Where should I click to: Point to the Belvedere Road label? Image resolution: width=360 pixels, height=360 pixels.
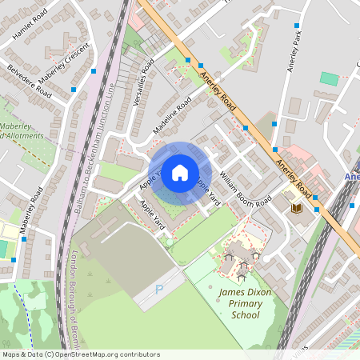tap(29, 82)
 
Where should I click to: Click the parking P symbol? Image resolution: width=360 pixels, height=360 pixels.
tap(158, 290)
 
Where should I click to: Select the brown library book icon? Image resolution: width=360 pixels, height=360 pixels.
tap(296, 208)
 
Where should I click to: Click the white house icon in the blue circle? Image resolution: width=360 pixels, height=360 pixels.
tap(180, 172)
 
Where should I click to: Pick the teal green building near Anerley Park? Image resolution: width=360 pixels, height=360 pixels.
tap(329, 78)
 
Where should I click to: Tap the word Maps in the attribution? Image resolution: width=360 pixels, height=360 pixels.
tap(11, 354)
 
